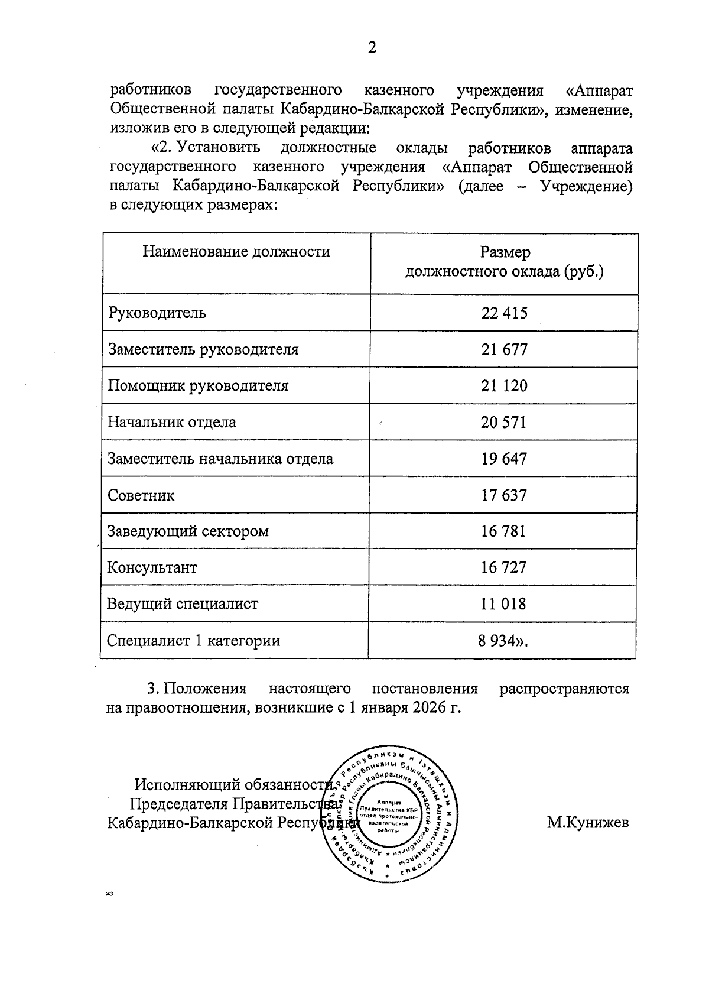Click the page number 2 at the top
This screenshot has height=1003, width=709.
pyautogui.click(x=372, y=48)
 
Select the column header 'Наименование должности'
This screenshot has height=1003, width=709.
pyautogui.click(x=236, y=252)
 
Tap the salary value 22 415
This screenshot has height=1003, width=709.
pyautogui.click(x=504, y=313)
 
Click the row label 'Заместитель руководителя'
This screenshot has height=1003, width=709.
pyautogui.click(x=203, y=349)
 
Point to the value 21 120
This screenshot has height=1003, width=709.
pyautogui.click(x=504, y=386)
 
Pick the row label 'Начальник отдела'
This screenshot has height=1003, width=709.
pyautogui.click(x=171, y=423)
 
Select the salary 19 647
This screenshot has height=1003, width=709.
pyautogui.click(x=504, y=459)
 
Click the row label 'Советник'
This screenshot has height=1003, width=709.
pyautogui.click(x=141, y=495)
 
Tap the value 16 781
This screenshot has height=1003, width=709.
pyautogui.click(x=504, y=531)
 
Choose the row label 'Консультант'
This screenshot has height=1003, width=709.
pyautogui.click(x=152, y=568)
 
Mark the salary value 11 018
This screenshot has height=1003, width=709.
pyautogui.click(x=504, y=604)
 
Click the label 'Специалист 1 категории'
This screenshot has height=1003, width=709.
pyautogui.click(x=193, y=641)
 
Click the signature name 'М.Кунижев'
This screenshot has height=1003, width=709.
pyautogui.click(x=587, y=822)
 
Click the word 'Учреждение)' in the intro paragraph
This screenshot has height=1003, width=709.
pyautogui.click(x=586, y=186)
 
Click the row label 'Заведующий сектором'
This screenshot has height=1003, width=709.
pyautogui.click(x=187, y=531)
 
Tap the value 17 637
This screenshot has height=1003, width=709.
pyautogui.click(x=504, y=495)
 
